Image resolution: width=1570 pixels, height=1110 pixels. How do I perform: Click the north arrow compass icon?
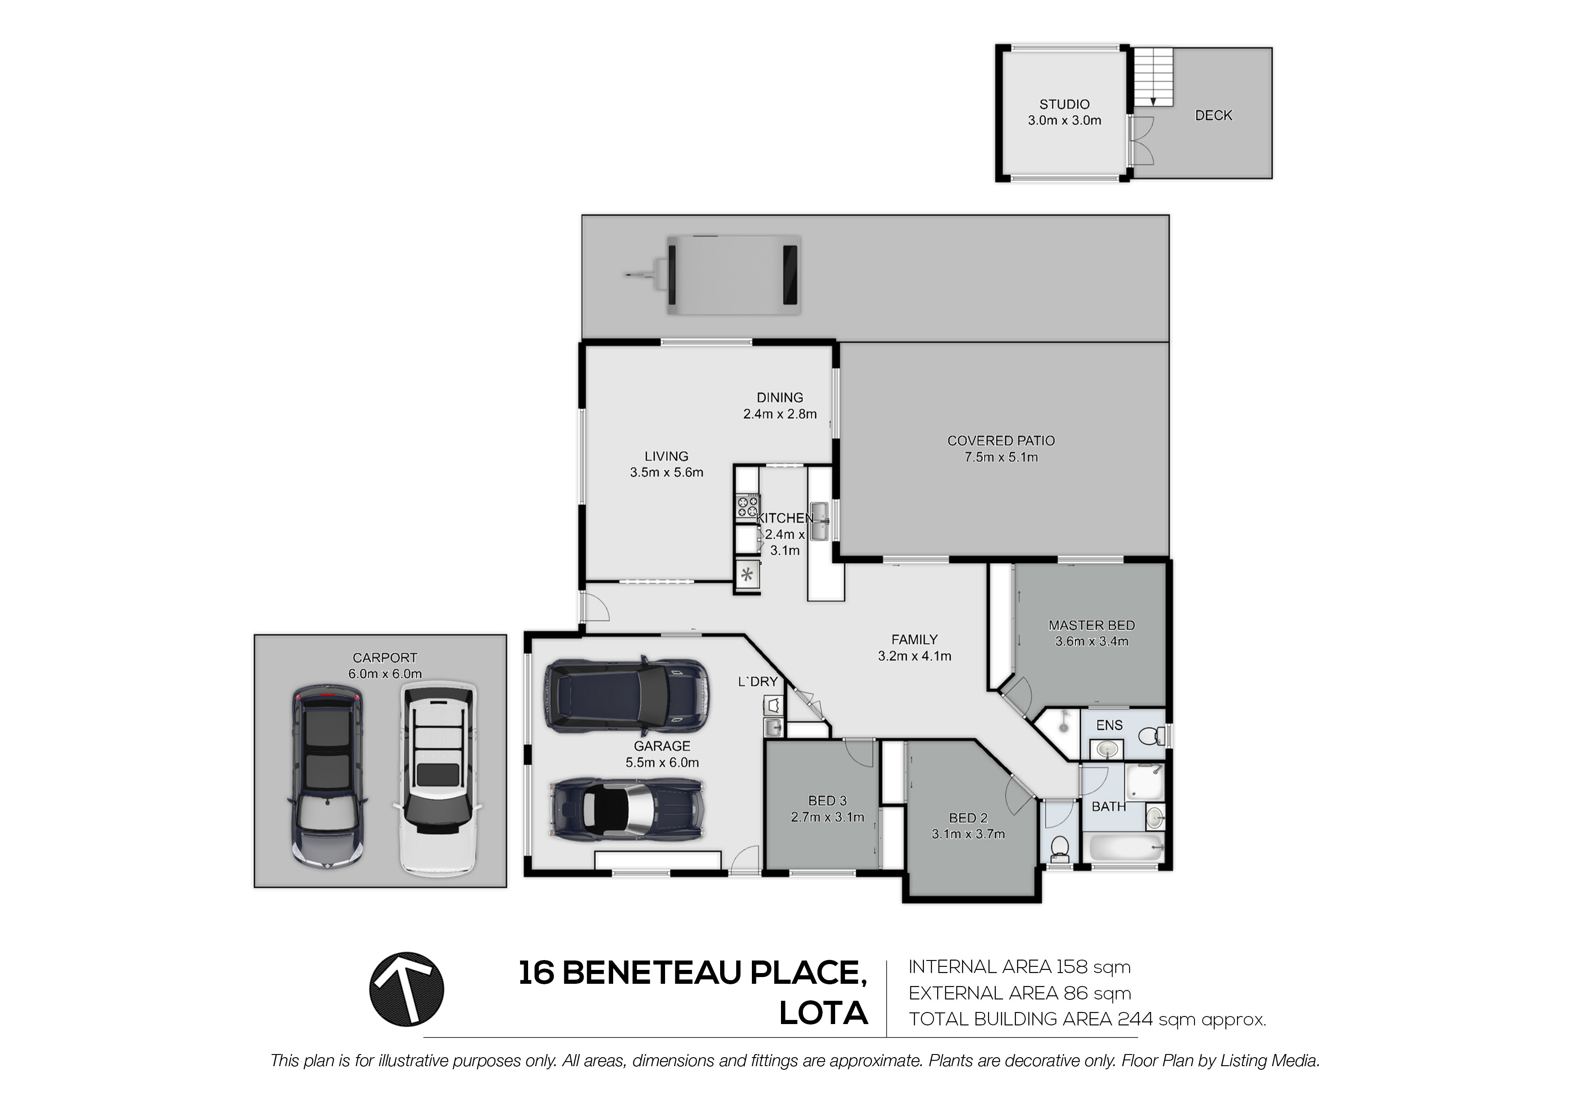407,989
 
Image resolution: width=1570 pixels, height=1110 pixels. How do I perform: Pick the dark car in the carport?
328,780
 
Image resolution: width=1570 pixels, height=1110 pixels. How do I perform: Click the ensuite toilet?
1152,736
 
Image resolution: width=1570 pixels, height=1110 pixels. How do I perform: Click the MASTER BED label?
1091,625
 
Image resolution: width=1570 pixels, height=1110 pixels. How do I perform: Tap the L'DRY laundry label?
758,681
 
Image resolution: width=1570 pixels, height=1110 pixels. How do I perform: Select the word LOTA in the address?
823,1014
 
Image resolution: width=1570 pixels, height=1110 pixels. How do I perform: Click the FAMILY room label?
914,640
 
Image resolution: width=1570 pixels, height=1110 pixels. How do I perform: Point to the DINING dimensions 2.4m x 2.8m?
780,414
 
